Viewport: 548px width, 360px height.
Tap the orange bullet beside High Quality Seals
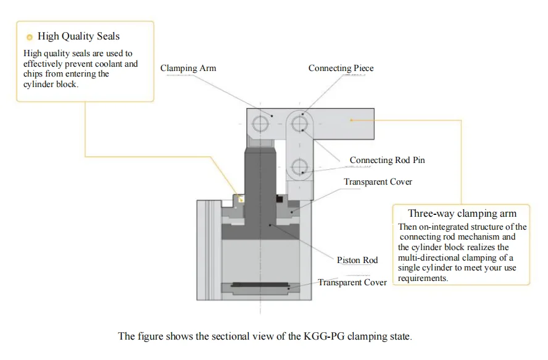tap(29, 38)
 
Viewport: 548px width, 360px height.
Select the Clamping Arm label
tap(188, 68)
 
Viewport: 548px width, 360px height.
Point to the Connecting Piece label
tap(341, 68)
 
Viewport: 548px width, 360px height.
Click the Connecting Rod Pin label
tap(387, 161)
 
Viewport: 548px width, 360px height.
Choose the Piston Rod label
tap(357, 260)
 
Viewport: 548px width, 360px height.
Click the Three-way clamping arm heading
tap(462, 214)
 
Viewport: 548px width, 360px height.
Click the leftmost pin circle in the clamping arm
tap(260, 125)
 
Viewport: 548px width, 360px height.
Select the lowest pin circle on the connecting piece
tap(300, 165)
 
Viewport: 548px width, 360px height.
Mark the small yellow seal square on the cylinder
tap(241, 199)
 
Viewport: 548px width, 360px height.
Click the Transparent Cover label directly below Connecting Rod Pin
tap(378, 182)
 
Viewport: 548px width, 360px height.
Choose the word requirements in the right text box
tap(422, 278)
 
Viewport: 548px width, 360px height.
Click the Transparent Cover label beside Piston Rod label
tap(352, 283)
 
